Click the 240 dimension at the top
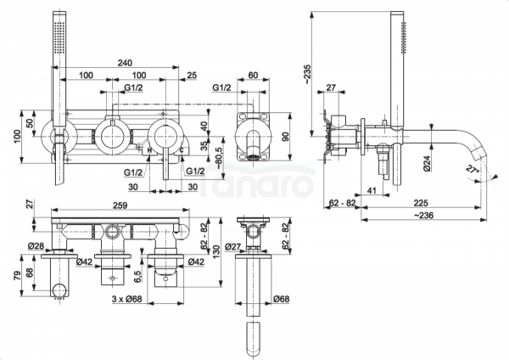click(x=126, y=62)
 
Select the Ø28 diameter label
click(x=36, y=246)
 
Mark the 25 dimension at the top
click(x=190, y=76)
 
